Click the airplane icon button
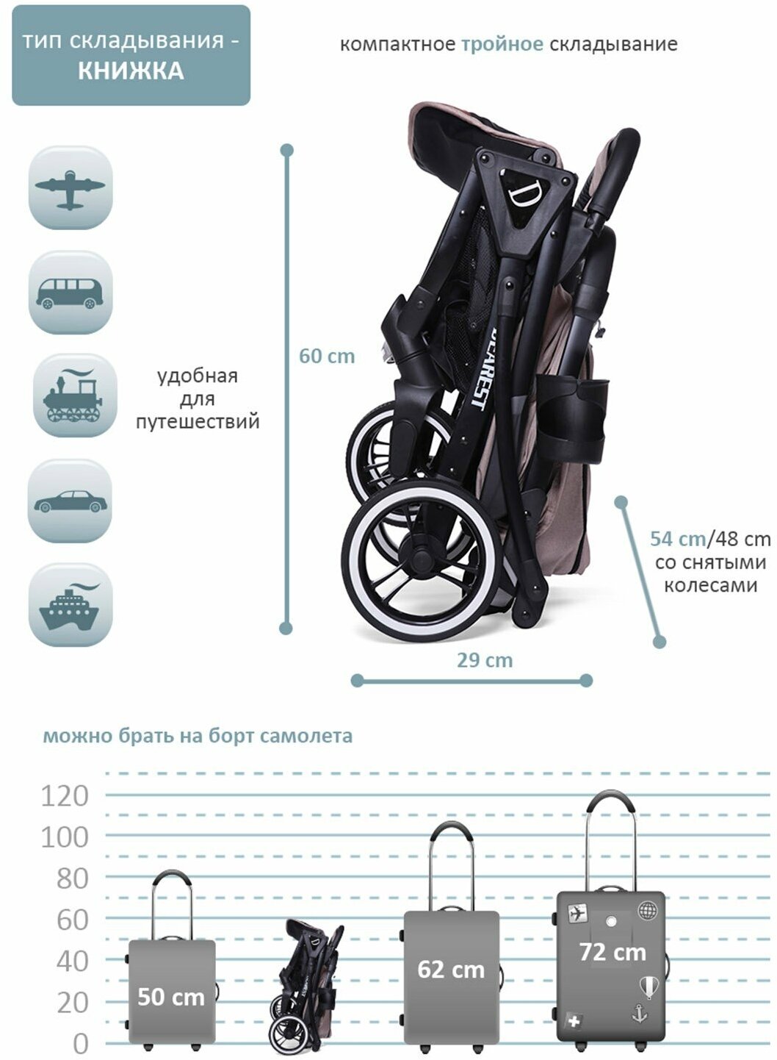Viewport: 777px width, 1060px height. coord(71,188)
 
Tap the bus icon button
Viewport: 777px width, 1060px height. coord(71,293)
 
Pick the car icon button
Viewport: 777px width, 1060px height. coord(71,501)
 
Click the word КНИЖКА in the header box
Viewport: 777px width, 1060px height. coord(131,71)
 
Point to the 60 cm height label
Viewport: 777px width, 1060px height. coord(327,357)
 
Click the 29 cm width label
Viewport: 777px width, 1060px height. coord(485,660)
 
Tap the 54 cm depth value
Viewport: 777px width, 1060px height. coord(677,539)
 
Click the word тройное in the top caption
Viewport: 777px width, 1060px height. coord(502,44)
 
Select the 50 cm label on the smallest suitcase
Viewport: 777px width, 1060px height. coord(171,997)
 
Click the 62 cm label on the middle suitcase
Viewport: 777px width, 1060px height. coord(451,970)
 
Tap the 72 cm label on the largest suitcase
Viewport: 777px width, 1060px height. coord(612,952)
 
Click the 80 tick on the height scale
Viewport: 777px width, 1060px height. coord(72,878)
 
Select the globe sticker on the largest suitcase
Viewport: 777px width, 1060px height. coord(647,911)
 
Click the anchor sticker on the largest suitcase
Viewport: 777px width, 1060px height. coord(639,1014)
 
